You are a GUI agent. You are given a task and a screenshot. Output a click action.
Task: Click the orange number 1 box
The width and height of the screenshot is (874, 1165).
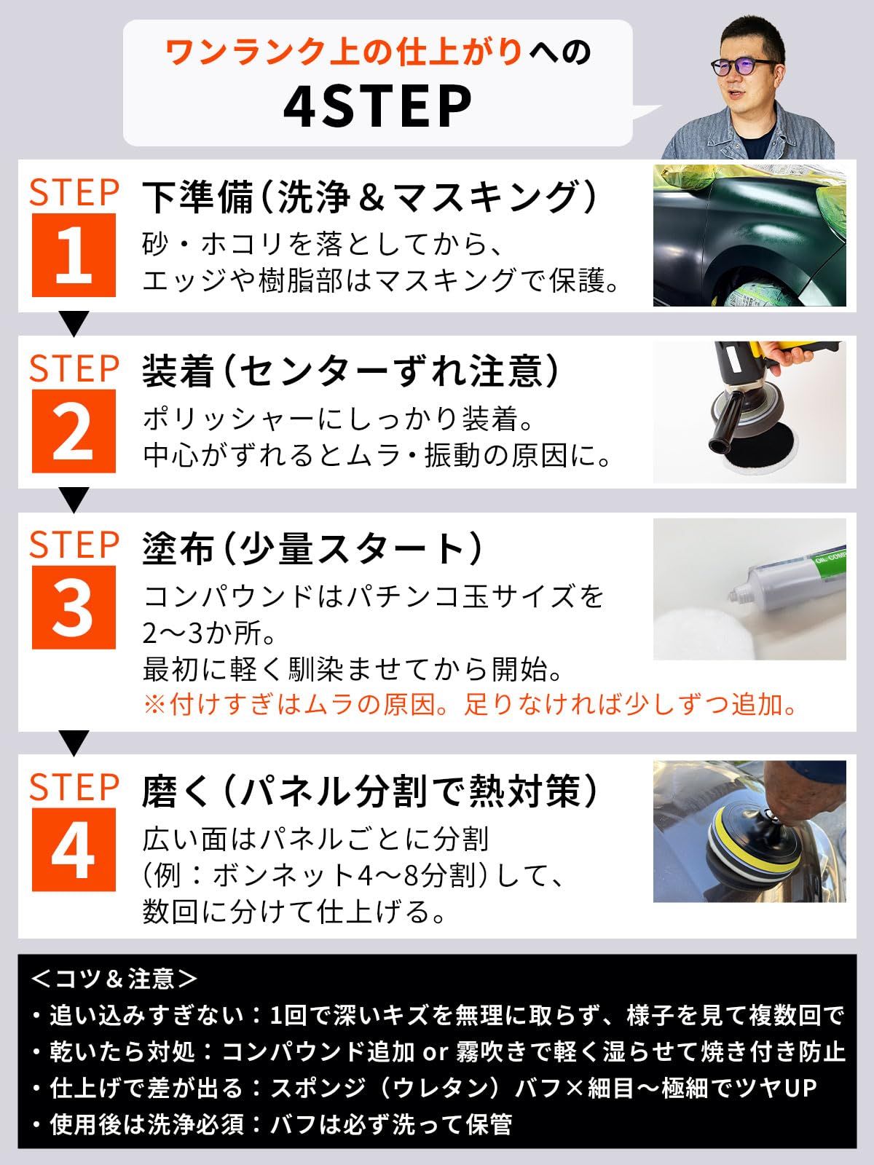point(74,256)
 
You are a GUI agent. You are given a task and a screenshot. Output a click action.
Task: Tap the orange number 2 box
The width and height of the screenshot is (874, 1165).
point(74,432)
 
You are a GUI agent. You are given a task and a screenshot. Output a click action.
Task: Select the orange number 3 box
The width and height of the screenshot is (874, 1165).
point(74,608)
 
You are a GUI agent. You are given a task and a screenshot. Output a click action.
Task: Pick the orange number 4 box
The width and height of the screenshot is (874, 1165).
point(74,850)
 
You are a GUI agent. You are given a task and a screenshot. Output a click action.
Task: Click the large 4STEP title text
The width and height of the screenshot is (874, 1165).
point(377,108)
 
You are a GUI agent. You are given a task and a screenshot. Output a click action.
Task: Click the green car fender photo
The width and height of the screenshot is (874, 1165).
point(749,236)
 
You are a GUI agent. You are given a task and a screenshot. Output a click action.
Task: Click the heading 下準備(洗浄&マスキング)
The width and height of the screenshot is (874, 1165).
point(370,197)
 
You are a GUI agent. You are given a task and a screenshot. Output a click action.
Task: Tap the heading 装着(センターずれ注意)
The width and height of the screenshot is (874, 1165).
point(351,371)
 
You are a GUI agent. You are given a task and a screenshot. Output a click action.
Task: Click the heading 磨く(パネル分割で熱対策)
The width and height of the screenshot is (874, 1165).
point(370,791)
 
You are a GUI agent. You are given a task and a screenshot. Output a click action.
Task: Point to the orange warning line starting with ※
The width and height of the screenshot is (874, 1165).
point(471,705)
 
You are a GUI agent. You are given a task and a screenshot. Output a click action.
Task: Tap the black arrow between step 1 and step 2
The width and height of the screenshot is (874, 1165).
point(74,324)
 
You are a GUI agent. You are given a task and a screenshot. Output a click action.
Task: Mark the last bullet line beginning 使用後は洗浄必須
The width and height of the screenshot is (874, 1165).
point(272,1125)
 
